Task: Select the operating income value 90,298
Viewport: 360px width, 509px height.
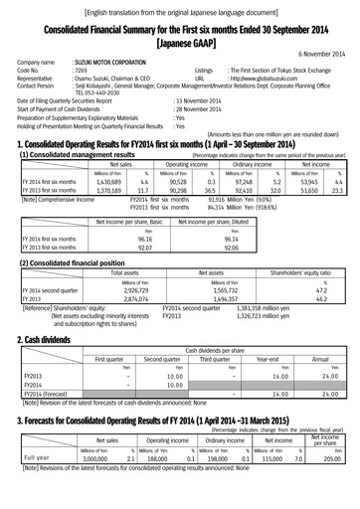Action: [170, 191]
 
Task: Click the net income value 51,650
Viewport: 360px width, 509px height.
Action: [310, 191]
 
